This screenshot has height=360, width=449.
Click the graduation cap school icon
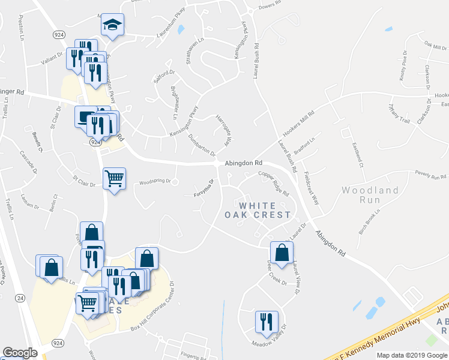112,25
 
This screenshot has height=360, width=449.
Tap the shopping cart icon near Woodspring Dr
113,178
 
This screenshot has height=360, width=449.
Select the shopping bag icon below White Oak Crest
281,253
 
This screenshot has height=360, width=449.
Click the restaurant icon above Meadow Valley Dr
265,322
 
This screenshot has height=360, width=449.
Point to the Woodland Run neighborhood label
370,195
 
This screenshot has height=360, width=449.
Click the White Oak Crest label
258,209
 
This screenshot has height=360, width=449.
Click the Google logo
20,353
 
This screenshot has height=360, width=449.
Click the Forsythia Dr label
204,190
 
